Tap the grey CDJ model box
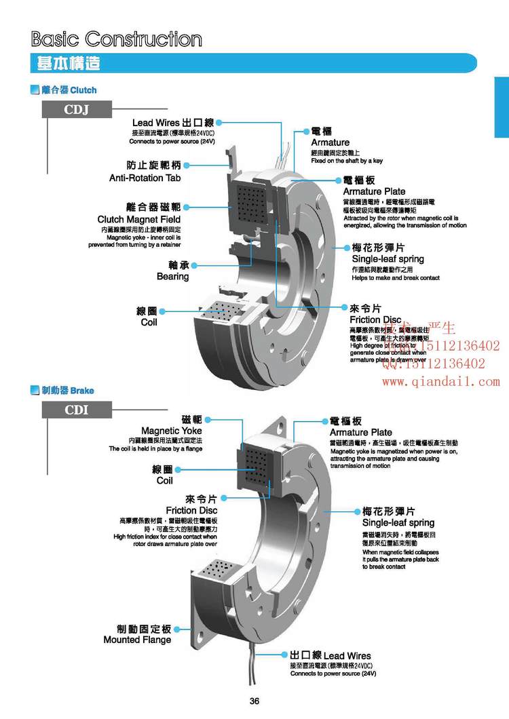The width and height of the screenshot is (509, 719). coord(77,109)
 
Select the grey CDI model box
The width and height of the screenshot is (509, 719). coord(77,410)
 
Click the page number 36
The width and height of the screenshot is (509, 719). coord(254,701)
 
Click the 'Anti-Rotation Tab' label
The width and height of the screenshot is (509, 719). coord(145,178)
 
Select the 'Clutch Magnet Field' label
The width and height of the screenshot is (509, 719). coord(139,219)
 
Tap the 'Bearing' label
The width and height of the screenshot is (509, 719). coord(172,276)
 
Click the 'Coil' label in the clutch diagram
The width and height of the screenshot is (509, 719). coord(149,322)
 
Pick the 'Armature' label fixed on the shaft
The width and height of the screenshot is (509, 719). coord(331,142)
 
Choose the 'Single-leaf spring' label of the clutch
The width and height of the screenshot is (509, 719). coord(388,258)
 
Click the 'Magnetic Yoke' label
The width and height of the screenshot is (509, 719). coord(172,431)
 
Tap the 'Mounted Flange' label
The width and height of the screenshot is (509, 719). coord(137,640)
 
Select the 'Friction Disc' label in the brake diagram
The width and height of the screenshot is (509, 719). coord(191,510)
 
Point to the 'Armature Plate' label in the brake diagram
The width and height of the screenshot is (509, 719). coord(360,432)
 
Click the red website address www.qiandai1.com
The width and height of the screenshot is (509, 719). coord(440,382)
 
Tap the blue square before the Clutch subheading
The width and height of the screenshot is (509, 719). coord(35,90)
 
